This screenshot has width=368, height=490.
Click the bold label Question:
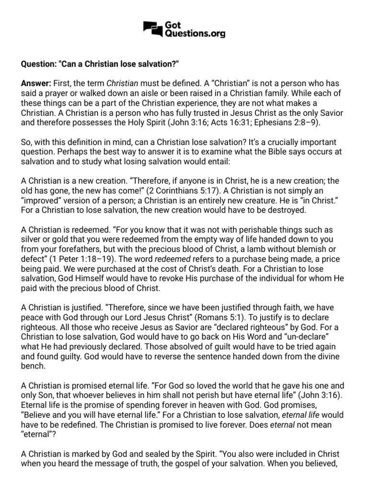pos(39,64)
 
